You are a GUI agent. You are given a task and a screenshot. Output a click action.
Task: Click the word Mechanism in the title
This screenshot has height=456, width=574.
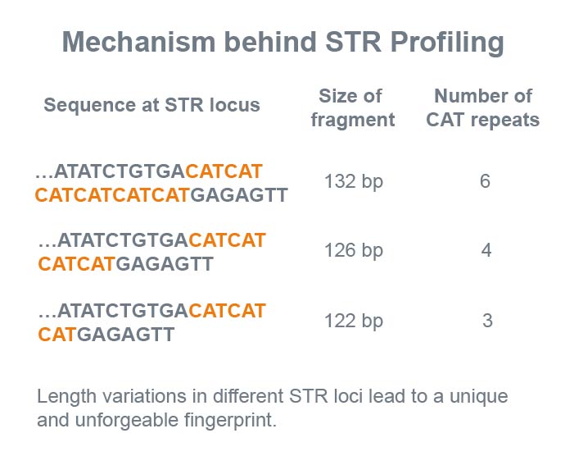(x=138, y=42)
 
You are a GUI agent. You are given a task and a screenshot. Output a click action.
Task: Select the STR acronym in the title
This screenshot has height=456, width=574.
(x=354, y=42)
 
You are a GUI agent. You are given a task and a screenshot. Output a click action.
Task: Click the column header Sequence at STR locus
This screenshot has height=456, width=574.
(x=151, y=105)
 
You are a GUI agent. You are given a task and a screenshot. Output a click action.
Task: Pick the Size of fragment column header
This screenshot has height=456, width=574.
(x=353, y=107)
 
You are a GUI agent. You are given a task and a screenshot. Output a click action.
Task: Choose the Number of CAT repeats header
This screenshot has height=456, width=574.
(x=483, y=107)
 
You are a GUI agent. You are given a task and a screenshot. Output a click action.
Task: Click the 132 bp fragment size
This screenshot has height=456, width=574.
(x=354, y=182)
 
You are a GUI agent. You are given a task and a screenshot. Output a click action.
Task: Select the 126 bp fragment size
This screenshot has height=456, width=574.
(x=354, y=251)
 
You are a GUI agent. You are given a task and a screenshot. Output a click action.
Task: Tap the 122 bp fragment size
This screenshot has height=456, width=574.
(x=354, y=321)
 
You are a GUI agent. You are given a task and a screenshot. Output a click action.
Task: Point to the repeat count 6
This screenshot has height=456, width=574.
(x=485, y=181)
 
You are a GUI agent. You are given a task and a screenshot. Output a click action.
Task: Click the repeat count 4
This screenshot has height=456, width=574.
(x=486, y=250)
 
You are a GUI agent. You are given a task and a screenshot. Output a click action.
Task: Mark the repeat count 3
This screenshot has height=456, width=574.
(x=487, y=321)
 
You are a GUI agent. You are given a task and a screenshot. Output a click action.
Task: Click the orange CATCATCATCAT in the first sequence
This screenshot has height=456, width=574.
(x=112, y=195)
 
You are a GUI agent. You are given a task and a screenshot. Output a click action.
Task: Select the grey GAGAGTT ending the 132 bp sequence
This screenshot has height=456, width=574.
(x=239, y=195)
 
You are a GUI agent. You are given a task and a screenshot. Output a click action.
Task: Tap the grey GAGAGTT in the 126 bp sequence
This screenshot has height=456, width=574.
(x=165, y=264)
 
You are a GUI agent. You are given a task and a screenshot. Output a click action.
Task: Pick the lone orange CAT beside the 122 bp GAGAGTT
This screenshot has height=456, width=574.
(x=57, y=335)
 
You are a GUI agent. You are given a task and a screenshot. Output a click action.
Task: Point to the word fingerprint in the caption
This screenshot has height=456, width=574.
(x=230, y=421)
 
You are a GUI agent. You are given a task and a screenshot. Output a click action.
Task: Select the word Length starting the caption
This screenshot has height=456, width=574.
(x=66, y=397)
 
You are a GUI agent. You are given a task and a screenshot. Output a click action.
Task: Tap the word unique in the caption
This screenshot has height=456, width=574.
(x=479, y=397)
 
